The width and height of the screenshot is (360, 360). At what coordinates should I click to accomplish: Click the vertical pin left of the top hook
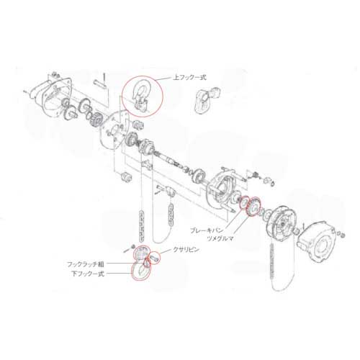[x=104, y=79]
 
